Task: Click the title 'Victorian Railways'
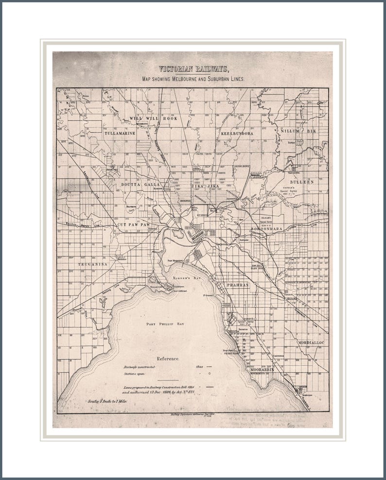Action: pos(193,69)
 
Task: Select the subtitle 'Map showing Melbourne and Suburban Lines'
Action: pos(193,78)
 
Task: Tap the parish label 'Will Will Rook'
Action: pos(153,119)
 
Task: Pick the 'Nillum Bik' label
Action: pos(298,131)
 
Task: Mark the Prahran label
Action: pos(237,285)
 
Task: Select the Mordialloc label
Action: pos(312,343)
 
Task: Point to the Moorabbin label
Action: pos(262,369)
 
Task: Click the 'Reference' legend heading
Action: pos(167,359)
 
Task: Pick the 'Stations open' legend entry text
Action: pos(136,374)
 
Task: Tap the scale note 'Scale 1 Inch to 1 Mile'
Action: pos(107,402)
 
